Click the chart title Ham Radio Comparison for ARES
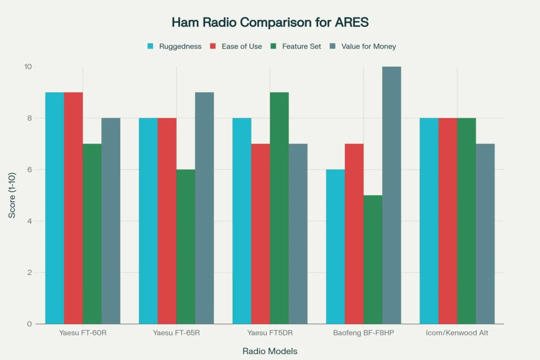pyautogui.click(x=269, y=23)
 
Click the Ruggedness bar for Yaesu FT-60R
pyautogui.click(x=55, y=208)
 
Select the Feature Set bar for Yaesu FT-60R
pyautogui.click(x=92, y=234)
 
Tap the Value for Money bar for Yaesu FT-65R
pyautogui.click(x=205, y=208)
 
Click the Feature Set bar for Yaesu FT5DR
pyautogui.click(x=279, y=208)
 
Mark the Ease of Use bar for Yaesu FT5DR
pyautogui.click(x=261, y=234)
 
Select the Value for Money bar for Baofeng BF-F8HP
pyautogui.click(x=392, y=196)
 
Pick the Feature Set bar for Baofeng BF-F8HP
pyautogui.click(x=373, y=259)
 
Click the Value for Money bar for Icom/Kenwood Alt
pyautogui.click(x=485, y=234)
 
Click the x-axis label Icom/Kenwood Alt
pyautogui.click(x=457, y=333)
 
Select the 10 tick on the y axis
pyautogui.click(x=28, y=67)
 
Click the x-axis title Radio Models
pyautogui.click(x=269, y=351)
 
